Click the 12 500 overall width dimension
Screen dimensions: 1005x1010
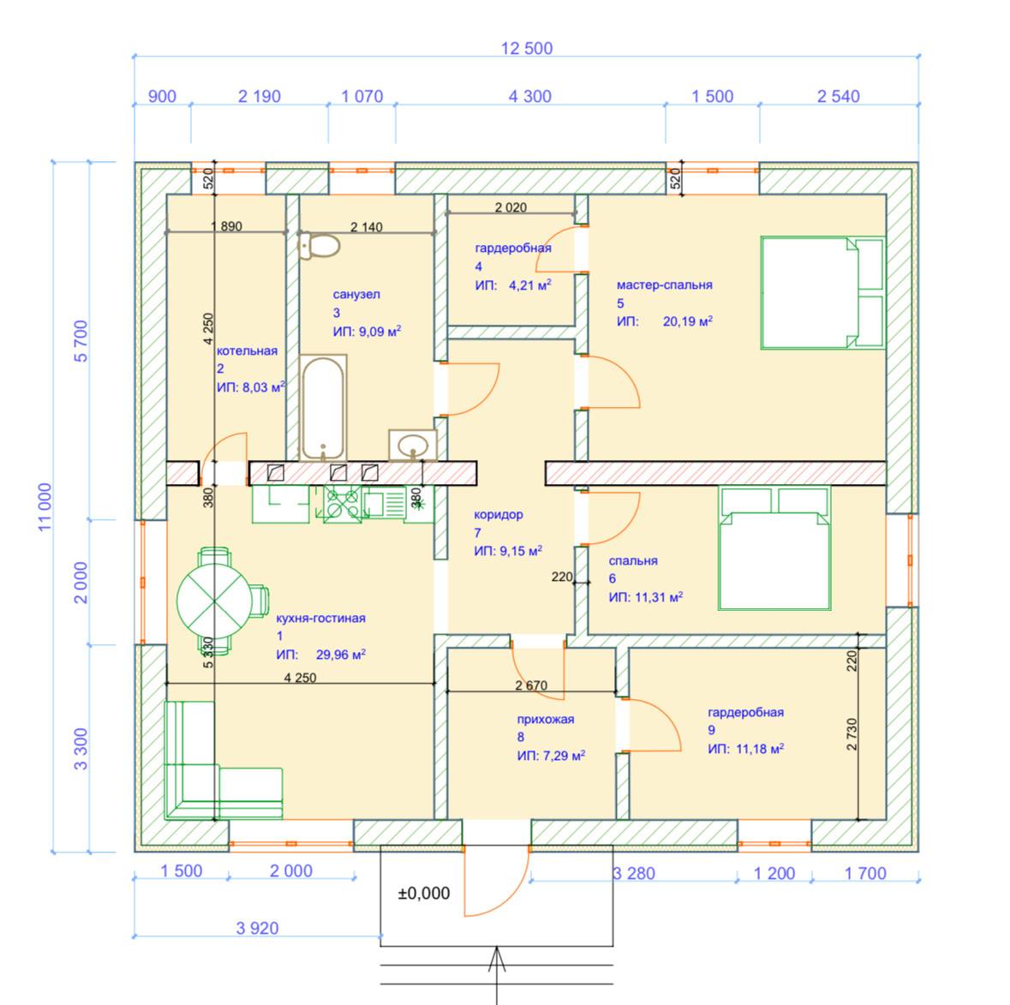(527, 49)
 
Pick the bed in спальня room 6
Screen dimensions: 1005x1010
(774, 548)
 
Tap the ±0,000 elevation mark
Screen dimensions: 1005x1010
(424, 894)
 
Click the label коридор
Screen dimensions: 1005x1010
(498, 515)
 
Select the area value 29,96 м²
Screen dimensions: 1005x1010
(341, 655)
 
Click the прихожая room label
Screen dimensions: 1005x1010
(546, 720)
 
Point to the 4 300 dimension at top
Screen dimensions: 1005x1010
(530, 97)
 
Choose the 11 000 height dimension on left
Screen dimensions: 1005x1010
(45, 506)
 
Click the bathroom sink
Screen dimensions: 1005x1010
(413, 446)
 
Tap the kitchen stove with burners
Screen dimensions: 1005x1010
(342, 504)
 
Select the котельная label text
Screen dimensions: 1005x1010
(247, 350)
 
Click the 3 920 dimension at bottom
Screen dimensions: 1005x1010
(258, 928)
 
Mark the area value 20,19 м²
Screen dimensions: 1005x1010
(688, 322)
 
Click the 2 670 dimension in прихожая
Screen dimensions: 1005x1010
(531, 685)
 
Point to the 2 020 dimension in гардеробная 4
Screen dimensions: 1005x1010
(511, 207)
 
